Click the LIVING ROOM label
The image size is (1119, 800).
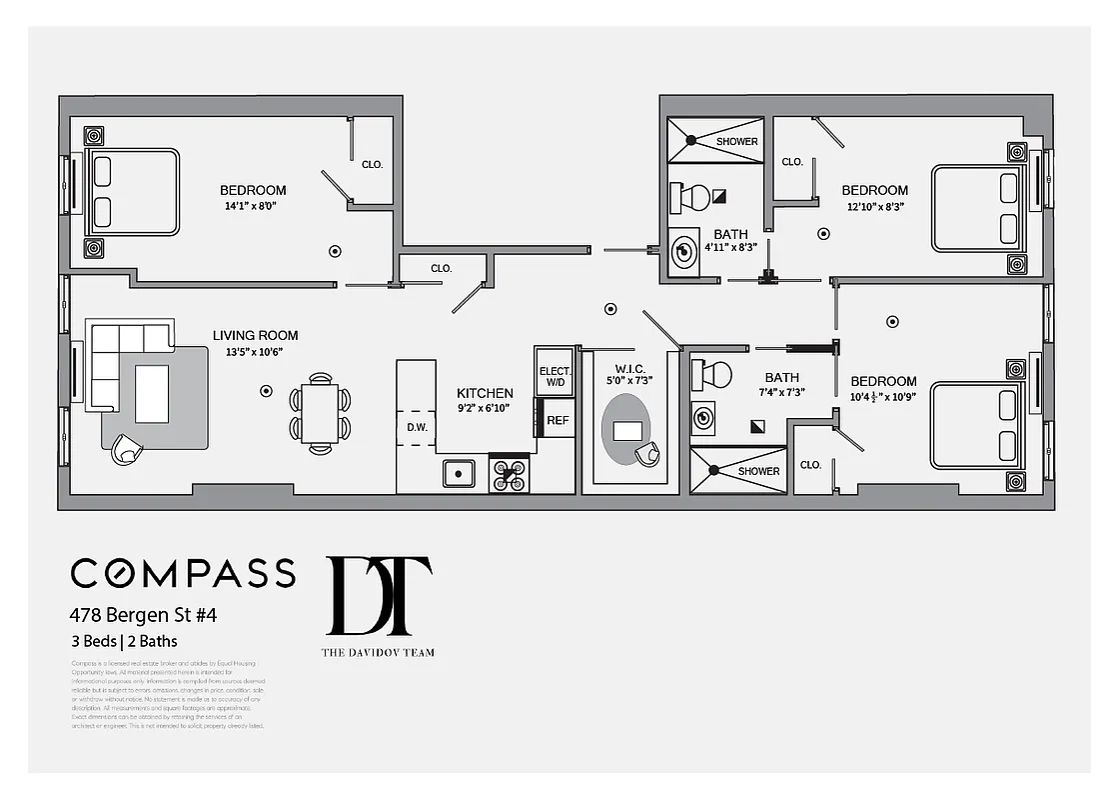click(255, 336)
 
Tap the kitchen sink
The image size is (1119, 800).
click(459, 472)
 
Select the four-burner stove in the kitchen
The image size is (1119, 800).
click(509, 473)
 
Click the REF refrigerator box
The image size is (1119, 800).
click(558, 420)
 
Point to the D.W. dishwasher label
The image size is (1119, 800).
click(417, 428)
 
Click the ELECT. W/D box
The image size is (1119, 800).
click(555, 376)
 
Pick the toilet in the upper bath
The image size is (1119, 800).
click(691, 196)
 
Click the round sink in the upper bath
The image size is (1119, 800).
click(684, 252)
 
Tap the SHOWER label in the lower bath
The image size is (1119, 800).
click(758, 471)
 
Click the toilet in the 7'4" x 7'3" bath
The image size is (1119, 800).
click(713, 375)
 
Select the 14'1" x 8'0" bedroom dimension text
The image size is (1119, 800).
click(250, 207)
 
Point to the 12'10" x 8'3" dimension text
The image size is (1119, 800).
click(874, 207)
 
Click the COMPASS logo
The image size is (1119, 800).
click(183, 573)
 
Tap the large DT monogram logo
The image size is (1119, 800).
click(380, 596)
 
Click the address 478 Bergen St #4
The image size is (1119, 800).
click(143, 615)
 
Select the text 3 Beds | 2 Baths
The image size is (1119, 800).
click(124, 641)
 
